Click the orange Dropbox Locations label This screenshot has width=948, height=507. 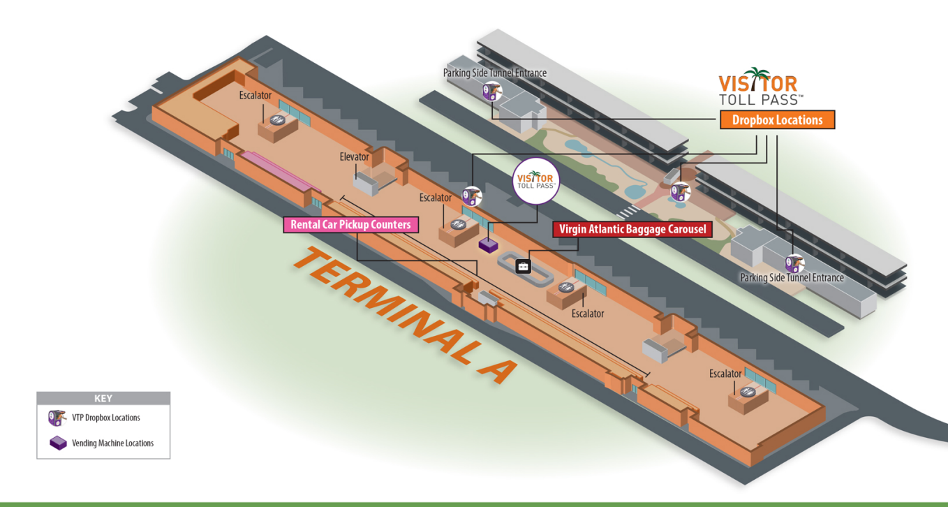[777, 120]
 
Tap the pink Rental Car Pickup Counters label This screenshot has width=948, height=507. [350, 225]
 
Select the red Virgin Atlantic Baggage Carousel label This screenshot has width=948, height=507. [632, 229]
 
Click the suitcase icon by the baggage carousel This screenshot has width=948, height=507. [523, 266]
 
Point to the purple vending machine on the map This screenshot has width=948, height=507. [487, 245]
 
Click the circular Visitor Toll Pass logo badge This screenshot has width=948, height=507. [536, 181]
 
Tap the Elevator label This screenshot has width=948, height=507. [354, 156]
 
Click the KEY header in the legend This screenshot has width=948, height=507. [103, 399]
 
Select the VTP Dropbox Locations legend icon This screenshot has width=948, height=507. [57, 418]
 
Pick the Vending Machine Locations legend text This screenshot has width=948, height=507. [112, 443]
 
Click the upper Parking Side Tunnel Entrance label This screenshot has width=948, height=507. [495, 73]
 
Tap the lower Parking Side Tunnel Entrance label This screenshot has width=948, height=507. [792, 278]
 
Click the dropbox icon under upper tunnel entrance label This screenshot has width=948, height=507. [492, 90]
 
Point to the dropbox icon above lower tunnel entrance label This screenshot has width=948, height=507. [794, 263]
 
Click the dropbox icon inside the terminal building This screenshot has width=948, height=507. [471, 196]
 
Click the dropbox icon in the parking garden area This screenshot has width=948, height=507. [680, 191]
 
